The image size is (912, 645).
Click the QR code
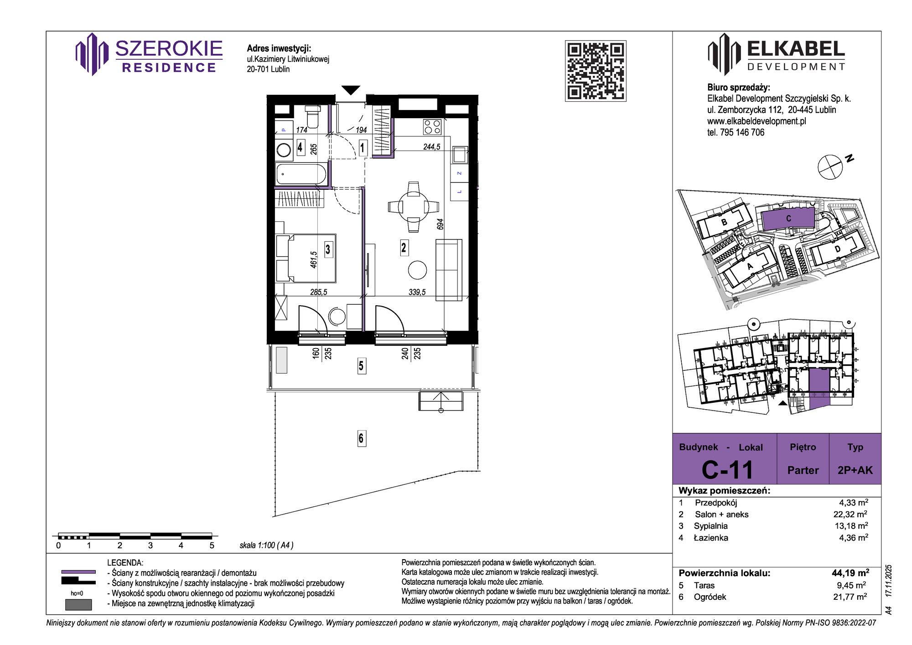coord(596,71)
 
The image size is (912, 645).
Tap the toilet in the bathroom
coord(312,116)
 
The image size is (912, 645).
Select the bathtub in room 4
coord(301,174)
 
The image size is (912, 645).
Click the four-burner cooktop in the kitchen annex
coord(432,127)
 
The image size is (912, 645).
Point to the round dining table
coord(414,207)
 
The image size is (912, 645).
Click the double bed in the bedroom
coord(306,258)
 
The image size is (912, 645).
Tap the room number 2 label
coord(404,248)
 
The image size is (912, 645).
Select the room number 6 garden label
coord(361,438)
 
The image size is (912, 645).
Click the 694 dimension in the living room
coord(440,224)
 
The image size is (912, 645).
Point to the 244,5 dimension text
coord(432,147)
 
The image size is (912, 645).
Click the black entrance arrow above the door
coord(351,90)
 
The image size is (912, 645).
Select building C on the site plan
coord(788,219)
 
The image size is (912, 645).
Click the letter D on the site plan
coord(838,249)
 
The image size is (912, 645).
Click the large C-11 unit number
coord(727,470)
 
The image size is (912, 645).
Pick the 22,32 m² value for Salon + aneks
coord(850,514)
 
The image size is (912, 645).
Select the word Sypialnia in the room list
coord(710,526)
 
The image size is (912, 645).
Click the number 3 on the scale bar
coord(150,546)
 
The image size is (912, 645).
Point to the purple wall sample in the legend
coord(78,572)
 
